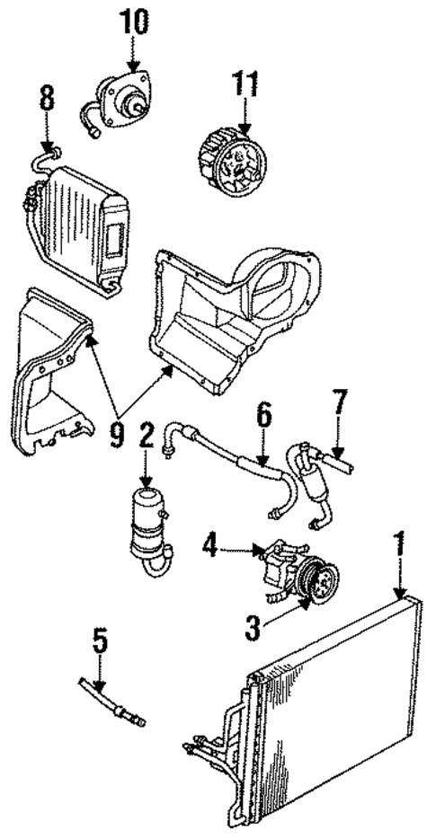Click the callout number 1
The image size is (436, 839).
pyautogui.click(x=398, y=545)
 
